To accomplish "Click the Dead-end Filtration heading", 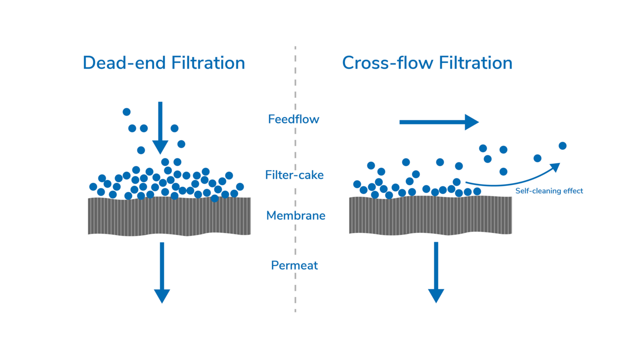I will pyautogui.click(x=163, y=63).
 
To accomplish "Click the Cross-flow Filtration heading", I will pyautogui.click(x=427, y=63).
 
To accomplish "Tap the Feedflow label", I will pyautogui.click(x=293, y=119).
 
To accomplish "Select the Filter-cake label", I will pyautogui.click(x=294, y=175).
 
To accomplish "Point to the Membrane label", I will pyautogui.click(x=295, y=215).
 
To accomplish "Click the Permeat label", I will pyautogui.click(x=294, y=265).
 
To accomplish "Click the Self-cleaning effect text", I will pyautogui.click(x=549, y=191).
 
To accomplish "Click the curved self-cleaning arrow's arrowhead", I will pyautogui.click(x=555, y=167).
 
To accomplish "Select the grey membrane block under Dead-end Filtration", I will pyautogui.click(x=169, y=216).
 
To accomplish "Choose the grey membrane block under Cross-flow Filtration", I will pyautogui.click(x=430, y=215).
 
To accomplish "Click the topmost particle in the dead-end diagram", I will pyautogui.click(x=126, y=112).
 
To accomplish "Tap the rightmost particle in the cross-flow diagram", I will pyautogui.click(x=562, y=146).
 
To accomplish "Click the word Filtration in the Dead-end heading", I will pyautogui.click(x=208, y=63).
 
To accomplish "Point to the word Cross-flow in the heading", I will pyautogui.click(x=387, y=63).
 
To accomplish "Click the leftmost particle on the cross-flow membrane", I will pyautogui.click(x=357, y=184).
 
